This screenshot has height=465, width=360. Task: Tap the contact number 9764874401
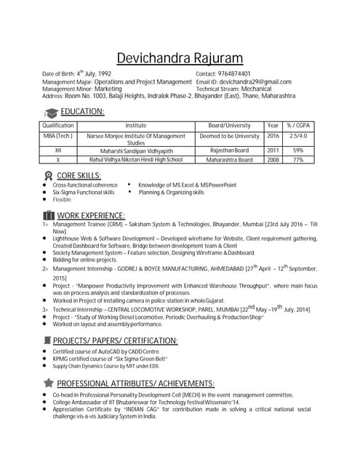[234, 74]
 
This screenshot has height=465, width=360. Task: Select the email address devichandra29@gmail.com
[255, 82]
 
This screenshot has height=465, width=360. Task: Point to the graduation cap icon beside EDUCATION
[51, 113]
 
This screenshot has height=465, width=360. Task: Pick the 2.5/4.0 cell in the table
[297, 136]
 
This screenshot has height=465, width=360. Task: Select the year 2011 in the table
[273, 150]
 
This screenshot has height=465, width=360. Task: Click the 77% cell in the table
[297, 159]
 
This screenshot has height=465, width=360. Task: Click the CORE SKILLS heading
[79, 175]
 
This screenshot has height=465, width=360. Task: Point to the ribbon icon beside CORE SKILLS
[48, 176]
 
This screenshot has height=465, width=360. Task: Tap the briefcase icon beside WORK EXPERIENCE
[49, 215]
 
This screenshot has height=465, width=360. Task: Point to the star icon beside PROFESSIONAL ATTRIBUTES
[49, 383]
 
